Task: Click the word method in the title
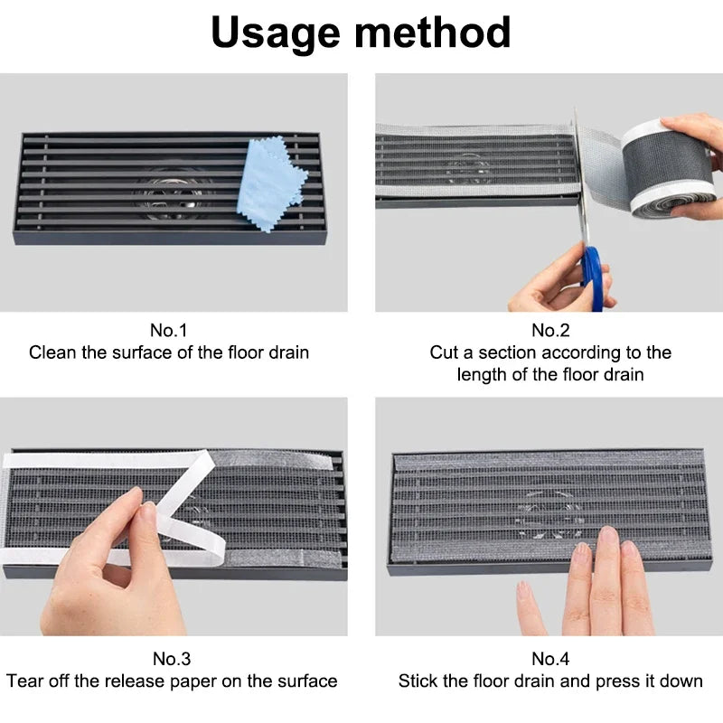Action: (x=433, y=33)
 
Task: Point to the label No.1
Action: (x=169, y=330)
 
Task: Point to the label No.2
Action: (x=550, y=330)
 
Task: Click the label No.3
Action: (x=172, y=659)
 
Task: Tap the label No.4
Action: (x=550, y=659)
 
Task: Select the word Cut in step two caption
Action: (x=445, y=352)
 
